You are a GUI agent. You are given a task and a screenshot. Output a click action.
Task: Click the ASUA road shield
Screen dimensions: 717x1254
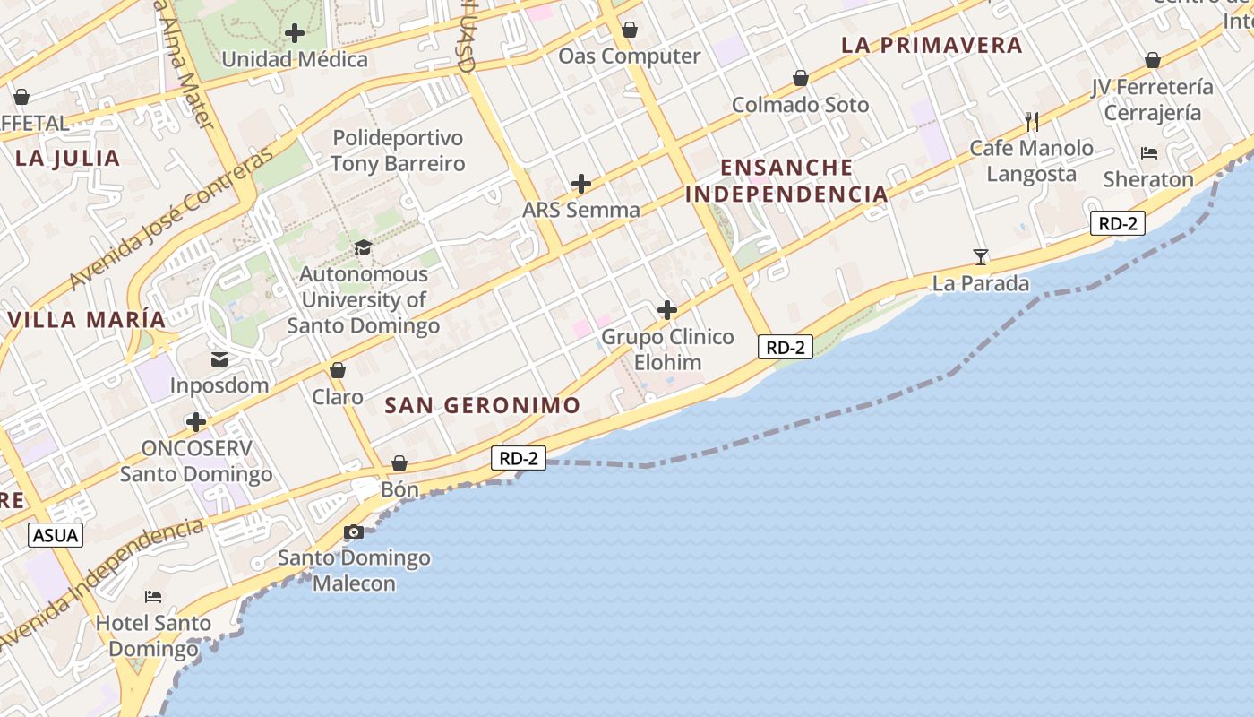tap(56, 536)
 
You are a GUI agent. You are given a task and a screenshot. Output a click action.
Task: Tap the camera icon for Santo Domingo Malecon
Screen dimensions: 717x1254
tap(354, 532)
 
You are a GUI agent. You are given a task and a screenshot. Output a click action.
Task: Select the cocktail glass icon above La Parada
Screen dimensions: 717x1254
tap(981, 257)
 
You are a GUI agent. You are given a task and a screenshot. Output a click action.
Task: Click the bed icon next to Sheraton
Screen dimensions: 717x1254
tap(1149, 153)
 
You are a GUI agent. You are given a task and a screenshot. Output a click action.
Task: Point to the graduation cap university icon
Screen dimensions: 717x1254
tap(363, 247)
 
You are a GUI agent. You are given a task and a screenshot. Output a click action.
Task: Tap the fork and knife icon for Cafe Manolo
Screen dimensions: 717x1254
tap(1032, 121)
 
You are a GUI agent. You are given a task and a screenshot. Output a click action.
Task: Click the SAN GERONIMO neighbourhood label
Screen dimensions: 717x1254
tap(483, 405)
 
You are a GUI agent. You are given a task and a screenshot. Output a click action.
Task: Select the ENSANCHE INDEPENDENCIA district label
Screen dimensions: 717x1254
tap(786, 181)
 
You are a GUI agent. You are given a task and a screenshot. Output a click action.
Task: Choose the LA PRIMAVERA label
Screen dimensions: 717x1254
tap(932, 45)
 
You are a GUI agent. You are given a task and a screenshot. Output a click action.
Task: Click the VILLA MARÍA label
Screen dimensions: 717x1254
tap(87, 320)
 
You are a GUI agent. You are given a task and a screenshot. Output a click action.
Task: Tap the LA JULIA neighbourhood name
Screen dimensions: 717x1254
tap(68, 159)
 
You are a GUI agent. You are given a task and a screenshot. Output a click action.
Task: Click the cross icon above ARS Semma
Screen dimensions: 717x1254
tap(581, 184)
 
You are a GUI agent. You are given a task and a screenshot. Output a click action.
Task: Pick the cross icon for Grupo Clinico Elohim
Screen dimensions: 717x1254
tap(667, 311)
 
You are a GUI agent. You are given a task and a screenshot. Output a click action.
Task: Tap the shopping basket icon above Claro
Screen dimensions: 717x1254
tap(338, 370)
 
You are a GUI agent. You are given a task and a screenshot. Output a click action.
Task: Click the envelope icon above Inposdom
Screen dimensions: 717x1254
tap(219, 359)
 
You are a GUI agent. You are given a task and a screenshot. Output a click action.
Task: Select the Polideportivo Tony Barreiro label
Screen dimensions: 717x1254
tap(398, 151)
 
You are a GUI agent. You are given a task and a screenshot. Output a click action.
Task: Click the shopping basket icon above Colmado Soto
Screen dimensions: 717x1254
tap(800, 79)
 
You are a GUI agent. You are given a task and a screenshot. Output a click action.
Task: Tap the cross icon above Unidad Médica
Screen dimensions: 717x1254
tap(295, 34)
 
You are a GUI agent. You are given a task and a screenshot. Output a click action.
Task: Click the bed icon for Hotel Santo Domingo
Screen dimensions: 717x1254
tap(153, 597)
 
